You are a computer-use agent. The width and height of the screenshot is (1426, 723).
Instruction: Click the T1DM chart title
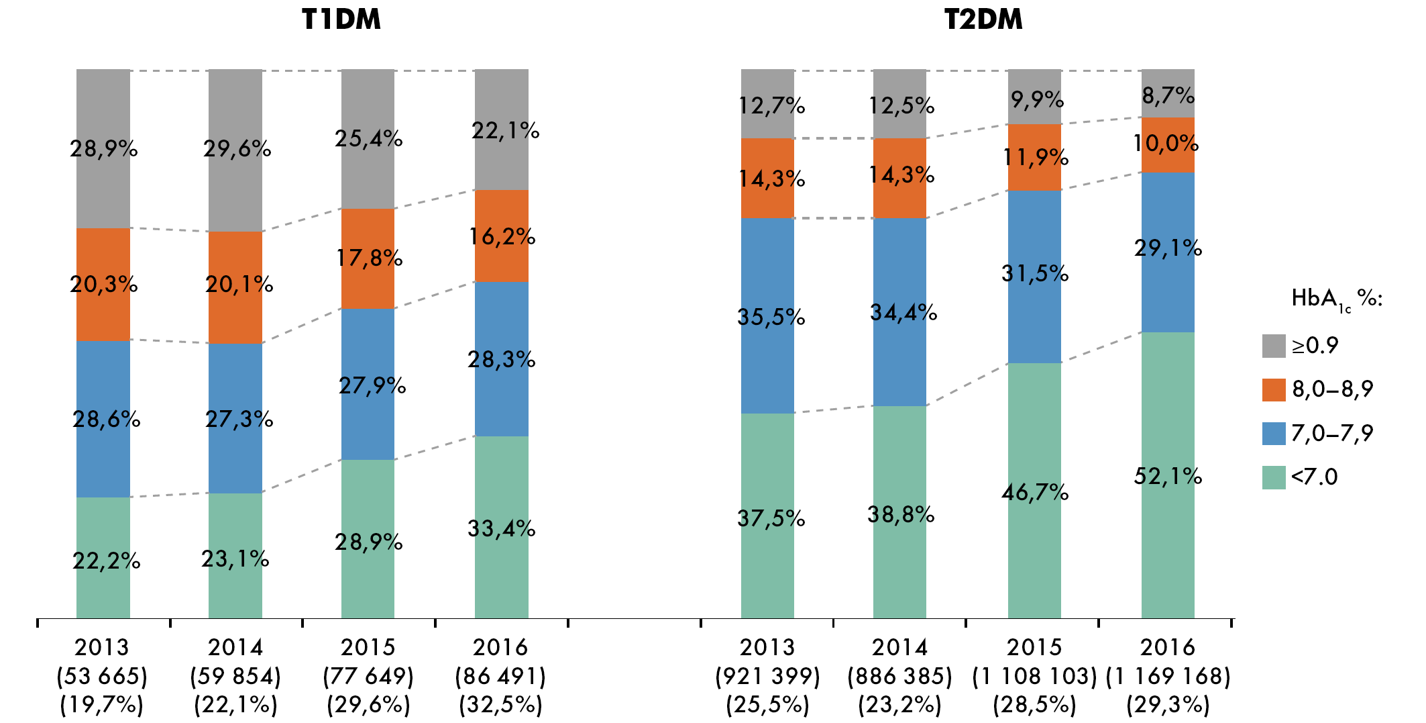pyautogui.click(x=341, y=19)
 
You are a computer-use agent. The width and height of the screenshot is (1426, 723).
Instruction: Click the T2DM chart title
pyautogui.click(x=983, y=19)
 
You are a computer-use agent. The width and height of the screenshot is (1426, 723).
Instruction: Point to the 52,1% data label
pyautogui.click(x=1168, y=477)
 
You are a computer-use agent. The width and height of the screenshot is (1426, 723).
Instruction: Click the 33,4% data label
pyautogui.click(x=502, y=529)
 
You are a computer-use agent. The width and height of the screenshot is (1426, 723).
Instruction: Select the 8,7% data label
pyautogui.click(x=1168, y=96)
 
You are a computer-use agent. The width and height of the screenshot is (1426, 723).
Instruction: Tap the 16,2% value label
pyautogui.click(x=502, y=237)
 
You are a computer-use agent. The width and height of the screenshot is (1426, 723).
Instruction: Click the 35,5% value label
pyautogui.click(x=771, y=317)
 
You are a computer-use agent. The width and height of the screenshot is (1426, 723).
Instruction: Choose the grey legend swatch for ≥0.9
pyautogui.click(x=1273, y=346)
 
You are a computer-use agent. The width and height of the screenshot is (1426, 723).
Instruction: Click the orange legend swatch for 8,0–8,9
pyautogui.click(x=1273, y=389)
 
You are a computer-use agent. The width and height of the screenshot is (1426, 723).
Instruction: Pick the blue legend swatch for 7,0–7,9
pyautogui.click(x=1273, y=434)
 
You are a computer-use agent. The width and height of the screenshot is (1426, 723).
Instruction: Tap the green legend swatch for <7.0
pyautogui.click(x=1273, y=477)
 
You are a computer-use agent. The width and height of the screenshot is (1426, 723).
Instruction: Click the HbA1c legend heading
pyautogui.click(x=1336, y=299)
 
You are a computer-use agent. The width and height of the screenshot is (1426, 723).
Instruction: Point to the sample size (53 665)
pyautogui.click(x=102, y=676)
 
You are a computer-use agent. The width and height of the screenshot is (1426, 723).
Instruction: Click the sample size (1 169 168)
pyautogui.click(x=1168, y=676)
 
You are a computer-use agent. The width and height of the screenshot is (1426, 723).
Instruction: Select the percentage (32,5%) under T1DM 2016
pyautogui.click(x=501, y=705)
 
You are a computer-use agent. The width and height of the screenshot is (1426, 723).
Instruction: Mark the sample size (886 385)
pyautogui.click(x=899, y=676)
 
